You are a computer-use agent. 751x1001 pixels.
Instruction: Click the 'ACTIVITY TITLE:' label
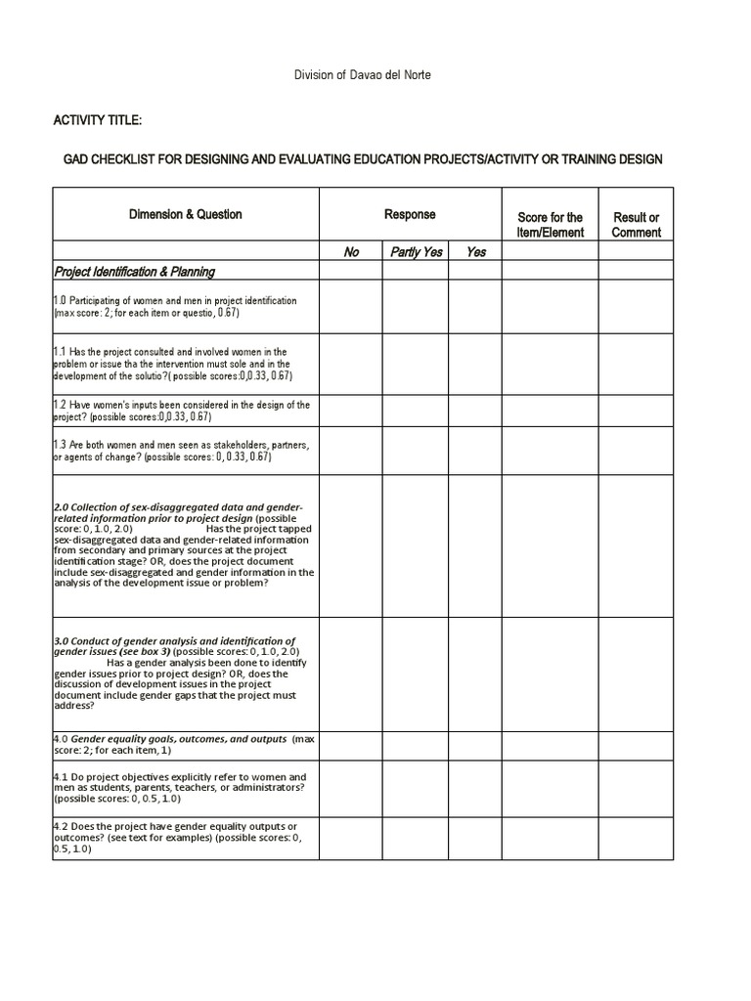point(98,120)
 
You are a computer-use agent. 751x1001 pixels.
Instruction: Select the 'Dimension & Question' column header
point(186,214)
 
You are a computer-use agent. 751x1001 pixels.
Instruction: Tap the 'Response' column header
point(410,214)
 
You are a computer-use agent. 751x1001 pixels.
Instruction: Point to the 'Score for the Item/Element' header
point(550,224)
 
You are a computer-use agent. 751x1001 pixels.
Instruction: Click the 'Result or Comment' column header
point(636,224)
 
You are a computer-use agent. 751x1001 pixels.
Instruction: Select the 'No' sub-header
point(351,251)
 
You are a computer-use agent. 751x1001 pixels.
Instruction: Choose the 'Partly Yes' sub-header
point(417,251)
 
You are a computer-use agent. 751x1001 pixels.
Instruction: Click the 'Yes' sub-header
point(476,251)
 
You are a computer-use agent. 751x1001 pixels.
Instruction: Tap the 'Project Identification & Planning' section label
point(135,272)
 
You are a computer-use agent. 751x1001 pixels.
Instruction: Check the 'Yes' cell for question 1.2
point(476,411)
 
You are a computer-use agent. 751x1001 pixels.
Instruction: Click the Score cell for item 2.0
point(550,545)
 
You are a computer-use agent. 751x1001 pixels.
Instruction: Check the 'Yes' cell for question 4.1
point(476,788)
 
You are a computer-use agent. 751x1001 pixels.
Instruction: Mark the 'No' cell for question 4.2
point(351,838)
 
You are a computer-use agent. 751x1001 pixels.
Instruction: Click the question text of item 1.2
point(182,411)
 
